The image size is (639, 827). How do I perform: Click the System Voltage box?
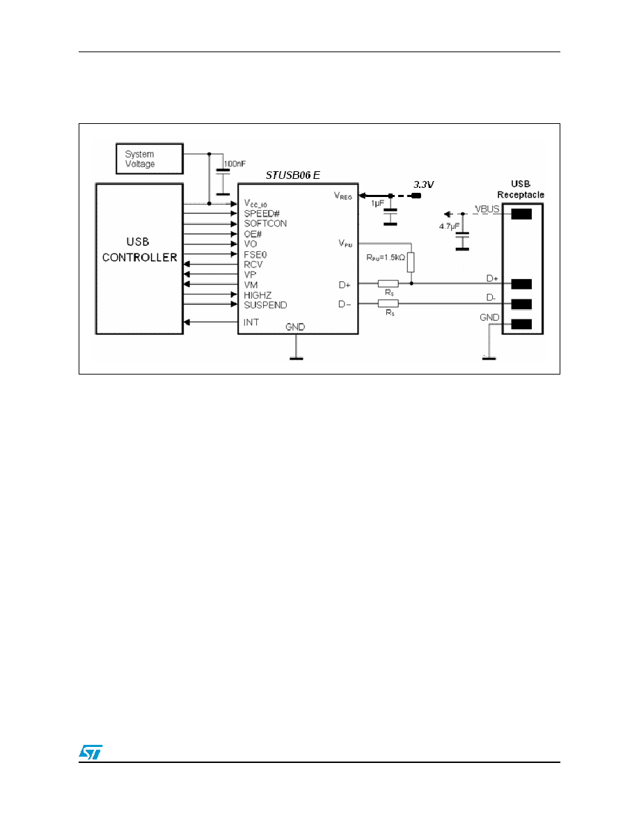point(149,158)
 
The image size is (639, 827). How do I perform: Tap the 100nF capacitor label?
point(235,164)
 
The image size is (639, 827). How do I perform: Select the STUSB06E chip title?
point(292,175)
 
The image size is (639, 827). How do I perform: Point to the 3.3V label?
point(423,184)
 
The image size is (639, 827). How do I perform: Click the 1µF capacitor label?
point(377,203)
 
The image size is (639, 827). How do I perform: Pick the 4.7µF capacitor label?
point(449,226)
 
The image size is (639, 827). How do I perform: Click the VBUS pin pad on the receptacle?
point(521,214)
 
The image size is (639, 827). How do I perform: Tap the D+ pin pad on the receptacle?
point(521,284)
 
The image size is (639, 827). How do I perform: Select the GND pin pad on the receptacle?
point(521,324)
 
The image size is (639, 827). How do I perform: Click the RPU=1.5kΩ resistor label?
point(386,258)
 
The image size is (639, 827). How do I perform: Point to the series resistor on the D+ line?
point(388,284)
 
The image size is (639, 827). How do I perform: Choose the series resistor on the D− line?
point(388,304)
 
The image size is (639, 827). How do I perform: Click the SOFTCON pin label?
point(265,223)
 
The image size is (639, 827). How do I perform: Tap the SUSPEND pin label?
point(265,305)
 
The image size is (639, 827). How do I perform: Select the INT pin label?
point(251,322)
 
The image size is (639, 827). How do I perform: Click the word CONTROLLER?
point(140,258)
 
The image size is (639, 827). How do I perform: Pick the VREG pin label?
point(342,196)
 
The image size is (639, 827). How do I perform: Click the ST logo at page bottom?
point(90,752)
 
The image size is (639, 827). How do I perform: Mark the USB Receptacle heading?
point(521,189)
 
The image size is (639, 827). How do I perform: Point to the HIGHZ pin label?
point(258,295)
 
